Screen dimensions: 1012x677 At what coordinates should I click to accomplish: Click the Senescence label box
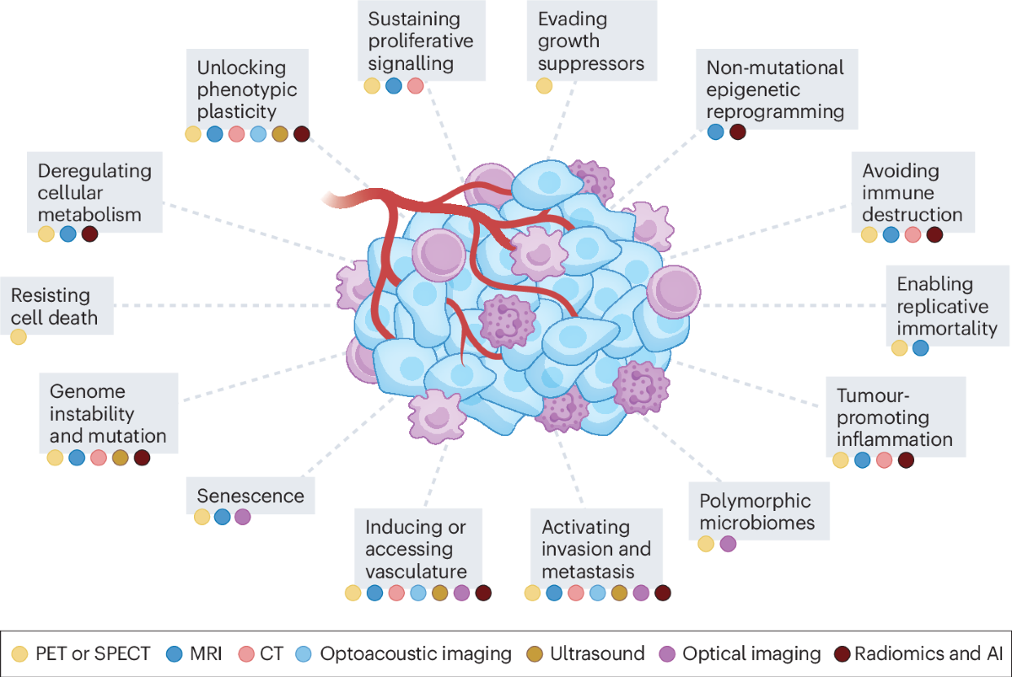click(x=250, y=496)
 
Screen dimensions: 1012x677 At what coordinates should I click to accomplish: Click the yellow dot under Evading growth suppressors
click(x=545, y=86)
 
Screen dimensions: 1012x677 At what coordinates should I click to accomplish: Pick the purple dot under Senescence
click(x=243, y=517)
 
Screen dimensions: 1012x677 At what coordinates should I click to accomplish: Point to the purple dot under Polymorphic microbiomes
click(x=728, y=544)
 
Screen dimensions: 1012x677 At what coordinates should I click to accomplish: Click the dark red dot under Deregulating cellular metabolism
click(x=90, y=234)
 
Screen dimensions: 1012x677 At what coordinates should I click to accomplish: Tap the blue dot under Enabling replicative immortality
click(x=921, y=348)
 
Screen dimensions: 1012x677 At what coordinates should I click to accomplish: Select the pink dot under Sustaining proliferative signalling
click(x=415, y=86)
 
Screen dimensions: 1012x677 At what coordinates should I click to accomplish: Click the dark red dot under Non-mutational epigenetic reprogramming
click(x=738, y=132)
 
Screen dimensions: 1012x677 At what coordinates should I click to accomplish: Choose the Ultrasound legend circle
click(x=535, y=654)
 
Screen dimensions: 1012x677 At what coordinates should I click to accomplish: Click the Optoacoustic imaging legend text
click(x=416, y=654)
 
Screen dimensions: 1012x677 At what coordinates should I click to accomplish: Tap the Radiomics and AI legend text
click(x=929, y=653)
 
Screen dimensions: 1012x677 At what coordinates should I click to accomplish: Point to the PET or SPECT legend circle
click(x=19, y=654)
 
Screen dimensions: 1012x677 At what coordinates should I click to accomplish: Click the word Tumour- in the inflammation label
click(x=873, y=395)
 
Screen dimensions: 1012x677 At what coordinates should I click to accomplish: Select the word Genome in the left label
click(x=88, y=391)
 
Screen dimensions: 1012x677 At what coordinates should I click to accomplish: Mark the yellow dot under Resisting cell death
click(x=19, y=337)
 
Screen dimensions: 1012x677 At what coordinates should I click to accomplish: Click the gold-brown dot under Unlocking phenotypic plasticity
click(x=280, y=134)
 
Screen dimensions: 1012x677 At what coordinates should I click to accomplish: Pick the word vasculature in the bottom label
click(x=416, y=572)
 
